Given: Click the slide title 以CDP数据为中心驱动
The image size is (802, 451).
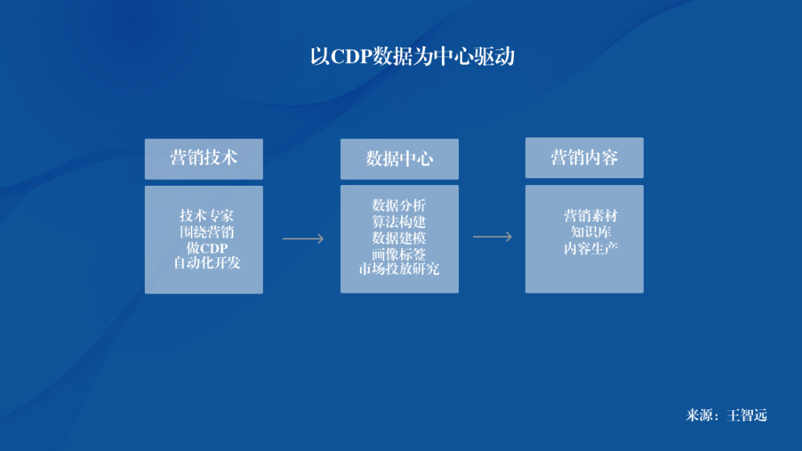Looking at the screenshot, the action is (x=412, y=56).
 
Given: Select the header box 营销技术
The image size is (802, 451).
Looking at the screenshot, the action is (x=203, y=159).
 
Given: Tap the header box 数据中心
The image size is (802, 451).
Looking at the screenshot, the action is (x=400, y=159).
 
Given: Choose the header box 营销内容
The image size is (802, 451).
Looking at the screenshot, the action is (x=584, y=158).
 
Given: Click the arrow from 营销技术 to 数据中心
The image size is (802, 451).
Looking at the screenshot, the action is (x=303, y=239).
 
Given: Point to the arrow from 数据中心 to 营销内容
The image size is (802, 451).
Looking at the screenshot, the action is (x=492, y=236).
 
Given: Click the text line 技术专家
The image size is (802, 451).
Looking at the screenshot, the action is (x=206, y=215).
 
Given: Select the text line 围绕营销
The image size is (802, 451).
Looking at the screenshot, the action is (x=206, y=232).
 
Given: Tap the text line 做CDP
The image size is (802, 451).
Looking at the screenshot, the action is (x=206, y=247).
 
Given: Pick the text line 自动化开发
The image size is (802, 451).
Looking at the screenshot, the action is (x=206, y=262).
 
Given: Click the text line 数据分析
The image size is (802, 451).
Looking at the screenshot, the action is (x=399, y=205).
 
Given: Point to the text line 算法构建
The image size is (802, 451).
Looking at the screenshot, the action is (x=399, y=221).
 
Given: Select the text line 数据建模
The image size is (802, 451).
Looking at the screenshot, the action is (x=399, y=238).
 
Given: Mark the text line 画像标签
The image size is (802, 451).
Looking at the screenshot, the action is (x=399, y=254).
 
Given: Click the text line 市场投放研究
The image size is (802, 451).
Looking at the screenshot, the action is (x=399, y=269).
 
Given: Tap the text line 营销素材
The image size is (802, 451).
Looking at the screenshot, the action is (x=591, y=215).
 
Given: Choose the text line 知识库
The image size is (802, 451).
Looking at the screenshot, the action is (x=591, y=232).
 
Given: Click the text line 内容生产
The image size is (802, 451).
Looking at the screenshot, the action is (x=591, y=248).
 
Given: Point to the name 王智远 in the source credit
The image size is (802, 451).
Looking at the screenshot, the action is (x=747, y=415).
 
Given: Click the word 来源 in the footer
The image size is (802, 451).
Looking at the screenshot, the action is (x=700, y=415).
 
